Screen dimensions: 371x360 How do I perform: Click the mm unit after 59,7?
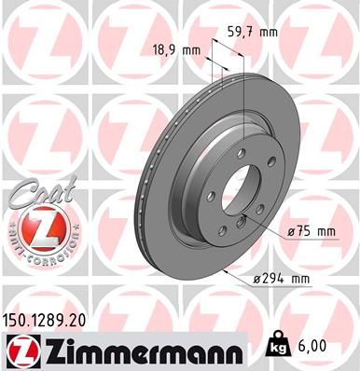270,32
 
